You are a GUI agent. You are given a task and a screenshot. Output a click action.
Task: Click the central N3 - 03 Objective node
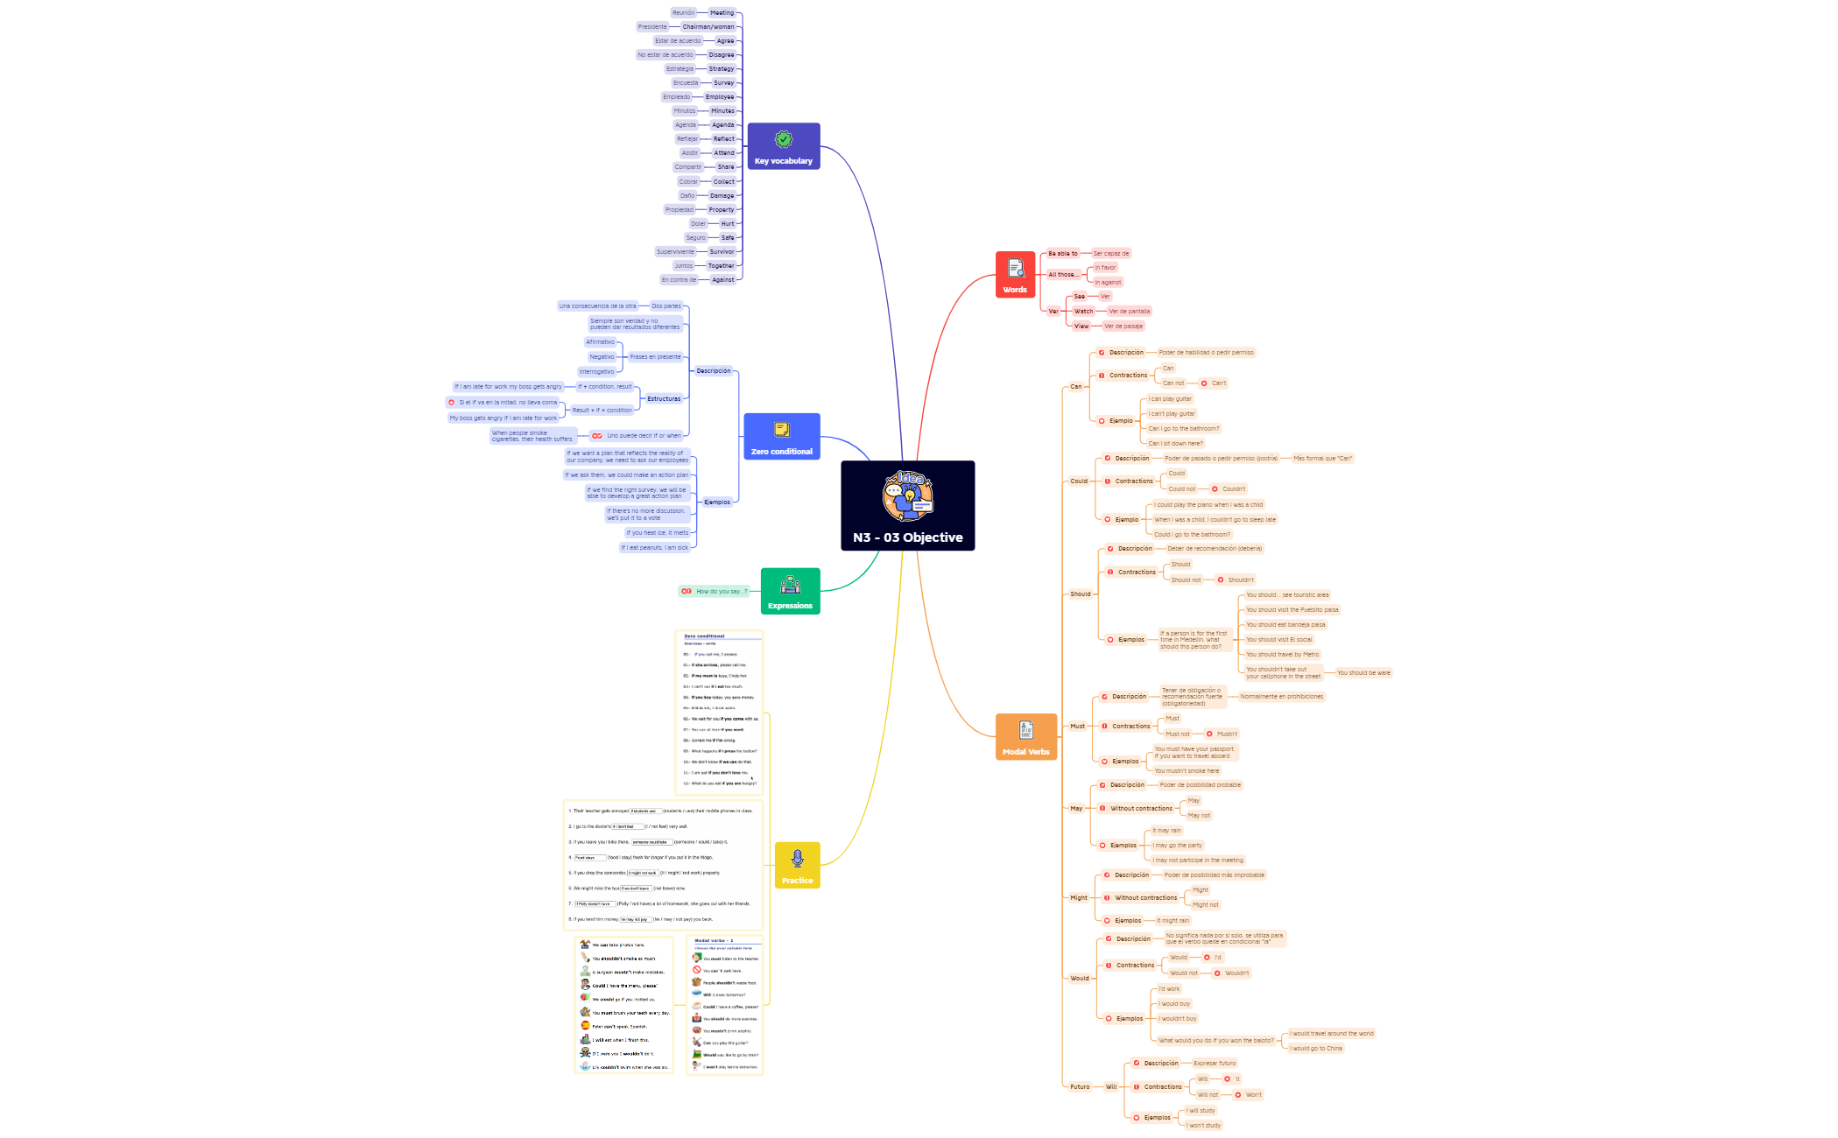(x=907, y=506)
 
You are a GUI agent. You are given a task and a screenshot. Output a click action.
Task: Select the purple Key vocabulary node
(x=783, y=146)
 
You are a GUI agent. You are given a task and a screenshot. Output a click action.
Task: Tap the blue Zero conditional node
(x=781, y=436)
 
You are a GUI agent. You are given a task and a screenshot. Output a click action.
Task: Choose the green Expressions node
(x=790, y=591)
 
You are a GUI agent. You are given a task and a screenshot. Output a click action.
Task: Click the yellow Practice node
(x=797, y=865)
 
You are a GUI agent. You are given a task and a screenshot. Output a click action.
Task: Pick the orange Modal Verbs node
(x=1025, y=736)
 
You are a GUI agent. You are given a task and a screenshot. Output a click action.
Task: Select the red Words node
(x=1015, y=275)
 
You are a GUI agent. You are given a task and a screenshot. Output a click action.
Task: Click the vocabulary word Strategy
(x=722, y=69)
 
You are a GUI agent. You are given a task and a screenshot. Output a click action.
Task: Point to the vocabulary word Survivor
(x=722, y=252)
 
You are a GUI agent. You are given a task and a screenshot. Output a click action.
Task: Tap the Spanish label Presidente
(x=652, y=27)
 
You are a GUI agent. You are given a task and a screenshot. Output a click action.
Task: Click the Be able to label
(x=1062, y=254)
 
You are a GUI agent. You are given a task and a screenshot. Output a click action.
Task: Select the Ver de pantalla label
(x=1129, y=312)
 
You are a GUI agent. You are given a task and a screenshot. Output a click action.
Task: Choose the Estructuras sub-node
(x=664, y=399)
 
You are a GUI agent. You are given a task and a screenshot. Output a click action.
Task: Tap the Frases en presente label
(x=655, y=357)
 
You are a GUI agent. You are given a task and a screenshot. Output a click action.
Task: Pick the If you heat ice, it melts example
(x=657, y=533)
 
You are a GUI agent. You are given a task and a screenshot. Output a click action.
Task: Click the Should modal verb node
(x=1080, y=594)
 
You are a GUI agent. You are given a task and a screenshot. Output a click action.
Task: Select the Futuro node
(x=1080, y=1087)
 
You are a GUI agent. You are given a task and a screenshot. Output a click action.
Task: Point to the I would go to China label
(x=1315, y=1049)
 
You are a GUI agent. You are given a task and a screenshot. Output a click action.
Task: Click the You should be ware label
(x=1363, y=673)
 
